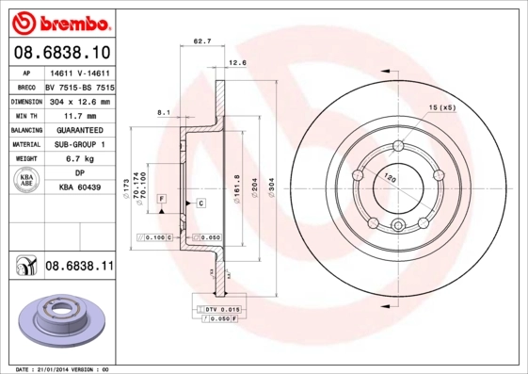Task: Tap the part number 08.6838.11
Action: point(79,268)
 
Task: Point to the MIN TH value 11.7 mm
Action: point(79,115)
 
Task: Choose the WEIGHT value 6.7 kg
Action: point(79,159)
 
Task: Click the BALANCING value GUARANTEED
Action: point(79,130)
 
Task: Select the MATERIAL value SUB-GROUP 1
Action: point(79,144)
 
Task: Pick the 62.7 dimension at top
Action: point(200,41)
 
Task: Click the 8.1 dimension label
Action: point(163,112)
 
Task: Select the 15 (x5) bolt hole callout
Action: point(441,109)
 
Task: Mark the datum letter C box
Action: point(200,203)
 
